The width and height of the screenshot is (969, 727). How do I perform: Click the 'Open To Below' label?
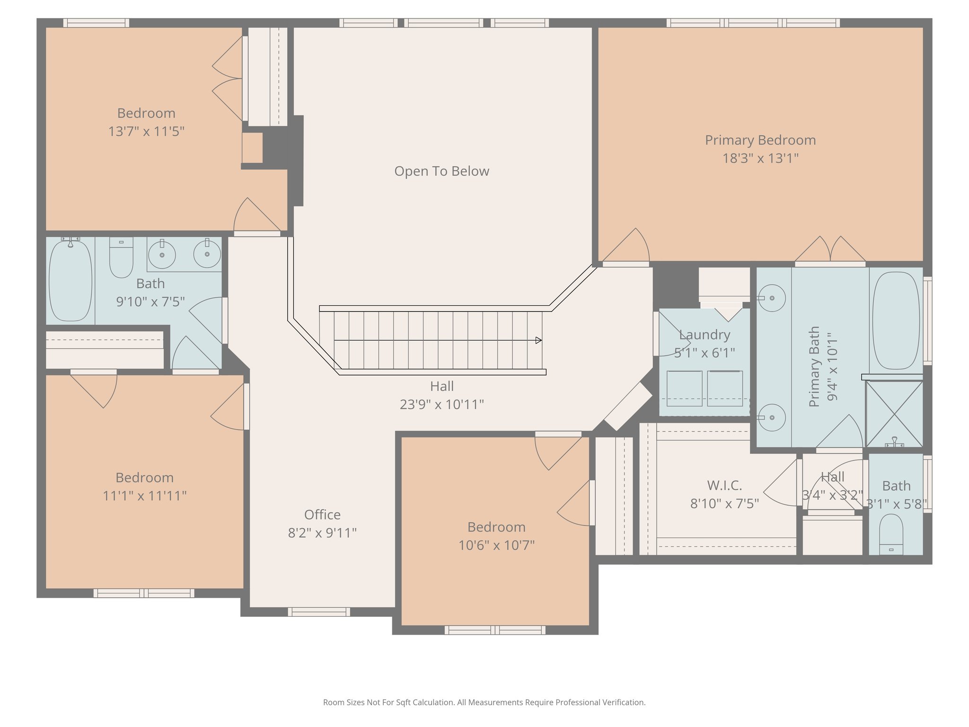click(441, 171)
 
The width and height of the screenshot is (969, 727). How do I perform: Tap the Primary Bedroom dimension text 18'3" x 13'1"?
click(760, 158)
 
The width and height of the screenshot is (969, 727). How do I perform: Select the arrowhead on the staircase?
click(538, 340)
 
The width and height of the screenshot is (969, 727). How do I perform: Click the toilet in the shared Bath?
click(121, 257)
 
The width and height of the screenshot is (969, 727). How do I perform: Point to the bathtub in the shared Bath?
click(70, 280)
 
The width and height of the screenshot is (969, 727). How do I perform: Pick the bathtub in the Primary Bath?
click(896, 320)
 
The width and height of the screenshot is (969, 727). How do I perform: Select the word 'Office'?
click(322, 514)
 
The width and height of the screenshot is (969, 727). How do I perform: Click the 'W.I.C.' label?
click(724, 485)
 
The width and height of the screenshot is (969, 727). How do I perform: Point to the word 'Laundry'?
click(705, 335)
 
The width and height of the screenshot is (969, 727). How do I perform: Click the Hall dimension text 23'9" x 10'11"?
click(442, 404)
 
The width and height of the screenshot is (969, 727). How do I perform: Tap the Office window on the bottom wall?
click(319, 612)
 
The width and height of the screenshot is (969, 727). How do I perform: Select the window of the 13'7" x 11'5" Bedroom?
click(97, 23)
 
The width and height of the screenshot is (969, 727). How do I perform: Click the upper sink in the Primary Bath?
click(772, 298)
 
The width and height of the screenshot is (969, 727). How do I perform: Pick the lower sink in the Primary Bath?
click(772, 417)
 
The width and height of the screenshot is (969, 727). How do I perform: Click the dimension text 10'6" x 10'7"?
click(496, 545)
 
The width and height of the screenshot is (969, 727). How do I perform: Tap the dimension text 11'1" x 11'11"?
click(145, 496)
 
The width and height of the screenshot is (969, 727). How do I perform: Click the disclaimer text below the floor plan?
click(484, 702)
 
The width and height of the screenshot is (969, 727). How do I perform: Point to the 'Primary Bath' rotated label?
click(814, 366)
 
